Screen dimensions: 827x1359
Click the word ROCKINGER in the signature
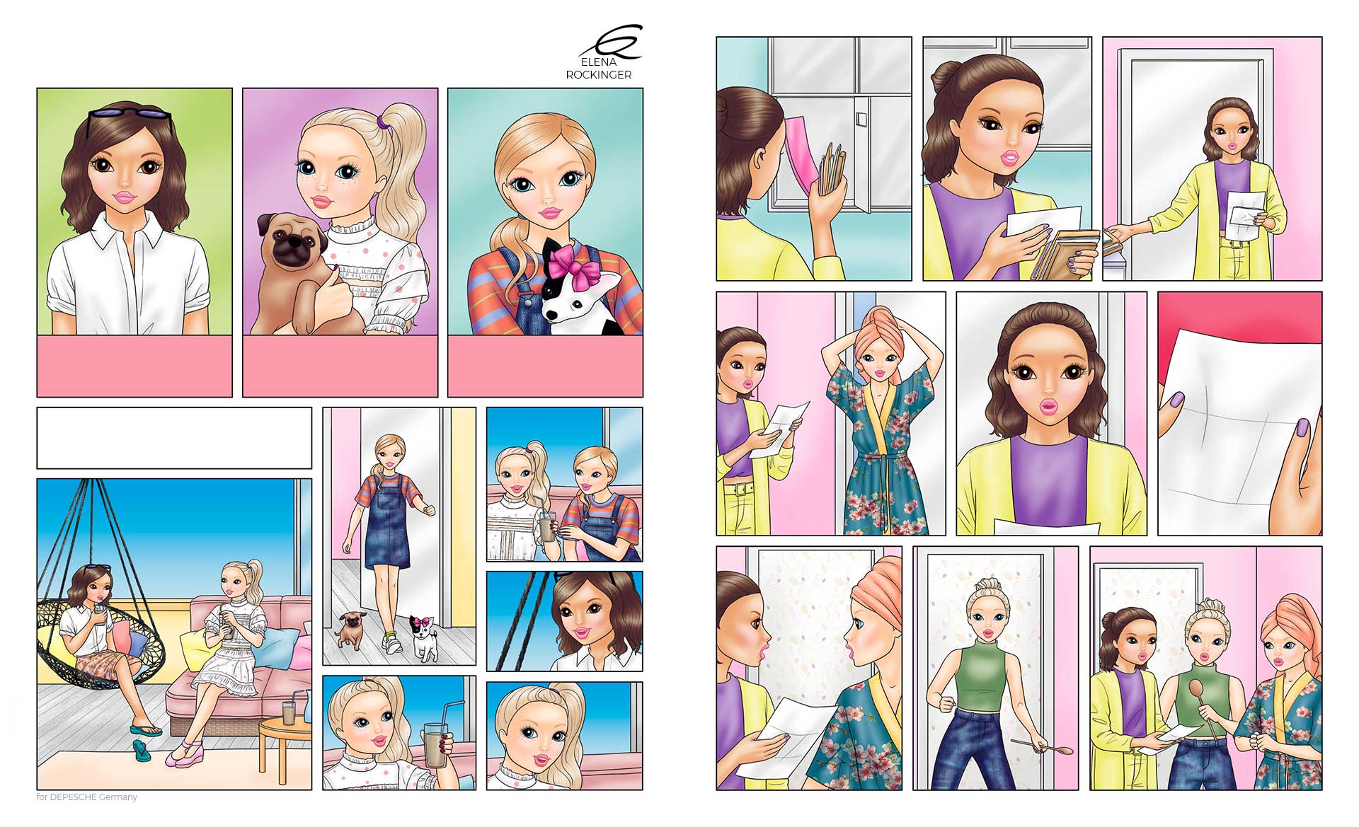click(x=598, y=75)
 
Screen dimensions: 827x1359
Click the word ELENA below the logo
click(x=598, y=62)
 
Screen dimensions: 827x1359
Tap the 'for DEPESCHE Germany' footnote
click(x=86, y=797)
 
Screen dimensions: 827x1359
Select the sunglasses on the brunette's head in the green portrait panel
click(x=130, y=114)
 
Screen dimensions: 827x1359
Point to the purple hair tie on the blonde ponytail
click(x=383, y=122)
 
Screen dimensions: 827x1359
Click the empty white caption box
click(x=174, y=438)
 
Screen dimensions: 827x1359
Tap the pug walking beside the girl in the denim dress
click(x=352, y=628)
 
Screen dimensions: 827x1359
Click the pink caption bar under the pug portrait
click(x=340, y=366)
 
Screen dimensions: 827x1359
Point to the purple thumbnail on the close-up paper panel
click(x=1176, y=401)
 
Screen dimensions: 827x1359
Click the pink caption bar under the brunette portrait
click(x=134, y=366)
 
